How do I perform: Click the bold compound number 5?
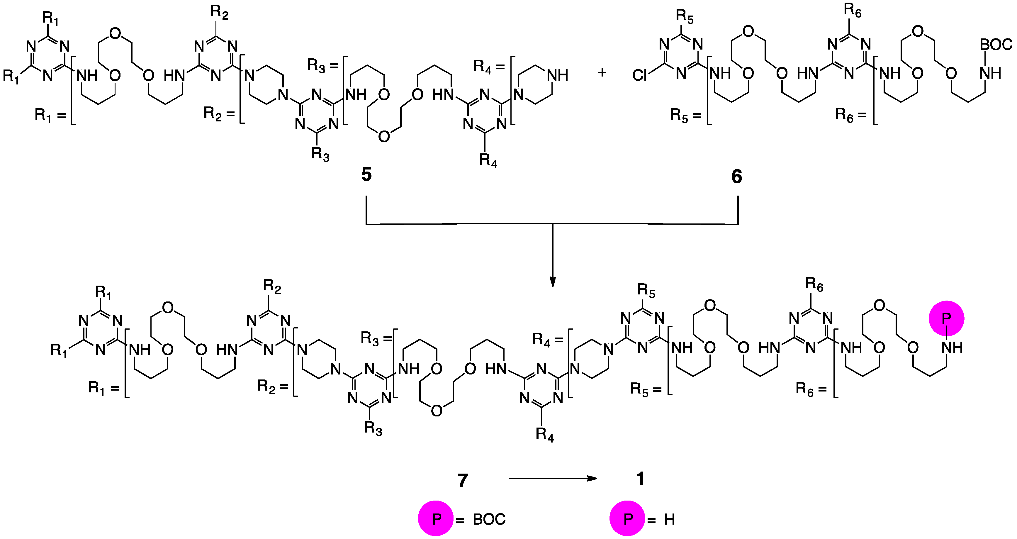366,174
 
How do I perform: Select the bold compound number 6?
737,176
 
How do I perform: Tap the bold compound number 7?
463,481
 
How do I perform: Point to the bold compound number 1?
640,479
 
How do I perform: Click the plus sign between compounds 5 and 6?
602,73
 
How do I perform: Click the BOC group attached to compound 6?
996,45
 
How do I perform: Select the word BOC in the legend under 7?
489,519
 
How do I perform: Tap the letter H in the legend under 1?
670,519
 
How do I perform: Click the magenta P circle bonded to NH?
946,318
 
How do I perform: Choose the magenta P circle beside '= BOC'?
436,518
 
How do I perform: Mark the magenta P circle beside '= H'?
627,518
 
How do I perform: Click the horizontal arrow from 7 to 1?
553,479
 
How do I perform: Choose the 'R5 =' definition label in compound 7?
645,389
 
